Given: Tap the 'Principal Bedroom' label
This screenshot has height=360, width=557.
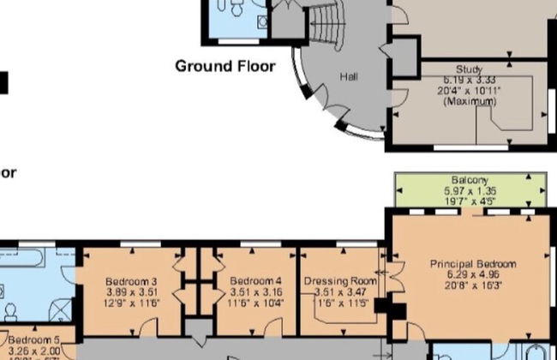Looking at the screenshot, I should [x=473, y=264].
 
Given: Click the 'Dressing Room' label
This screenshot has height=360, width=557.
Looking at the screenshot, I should [x=340, y=281].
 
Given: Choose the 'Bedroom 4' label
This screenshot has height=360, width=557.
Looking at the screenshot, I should [x=255, y=281].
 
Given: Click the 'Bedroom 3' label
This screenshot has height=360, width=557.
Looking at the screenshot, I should [x=130, y=281].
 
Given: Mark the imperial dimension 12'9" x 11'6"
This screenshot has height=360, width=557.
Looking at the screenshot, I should [x=130, y=303].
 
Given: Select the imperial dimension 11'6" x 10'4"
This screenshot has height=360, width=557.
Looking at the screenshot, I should [x=255, y=303].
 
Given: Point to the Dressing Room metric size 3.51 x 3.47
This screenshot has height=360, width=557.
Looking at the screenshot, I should [x=340, y=292].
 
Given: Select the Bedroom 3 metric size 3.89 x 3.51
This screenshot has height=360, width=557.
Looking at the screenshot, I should [x=130, y=292].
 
